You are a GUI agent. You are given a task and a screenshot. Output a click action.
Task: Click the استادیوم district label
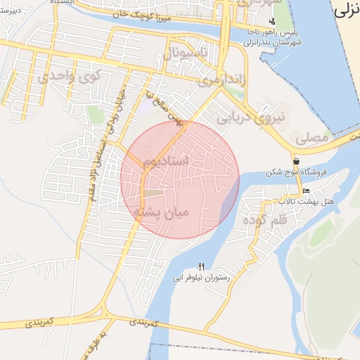(x=167, y=162)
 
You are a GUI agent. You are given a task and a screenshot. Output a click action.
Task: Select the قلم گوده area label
(x=264, y=219)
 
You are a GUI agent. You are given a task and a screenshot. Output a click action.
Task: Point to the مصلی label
(x=313, y=139)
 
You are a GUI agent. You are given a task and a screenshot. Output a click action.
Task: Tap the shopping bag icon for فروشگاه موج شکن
(x=296, y=161)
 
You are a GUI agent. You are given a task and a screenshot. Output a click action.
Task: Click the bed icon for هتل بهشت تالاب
(x=304, y=191)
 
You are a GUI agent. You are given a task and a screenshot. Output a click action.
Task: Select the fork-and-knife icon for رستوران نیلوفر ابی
(x=201, y=266)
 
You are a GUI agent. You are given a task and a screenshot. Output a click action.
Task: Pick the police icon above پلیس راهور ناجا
(x=272, y=21)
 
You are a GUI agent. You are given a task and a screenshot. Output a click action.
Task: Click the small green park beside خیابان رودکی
(x=96, y=115)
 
